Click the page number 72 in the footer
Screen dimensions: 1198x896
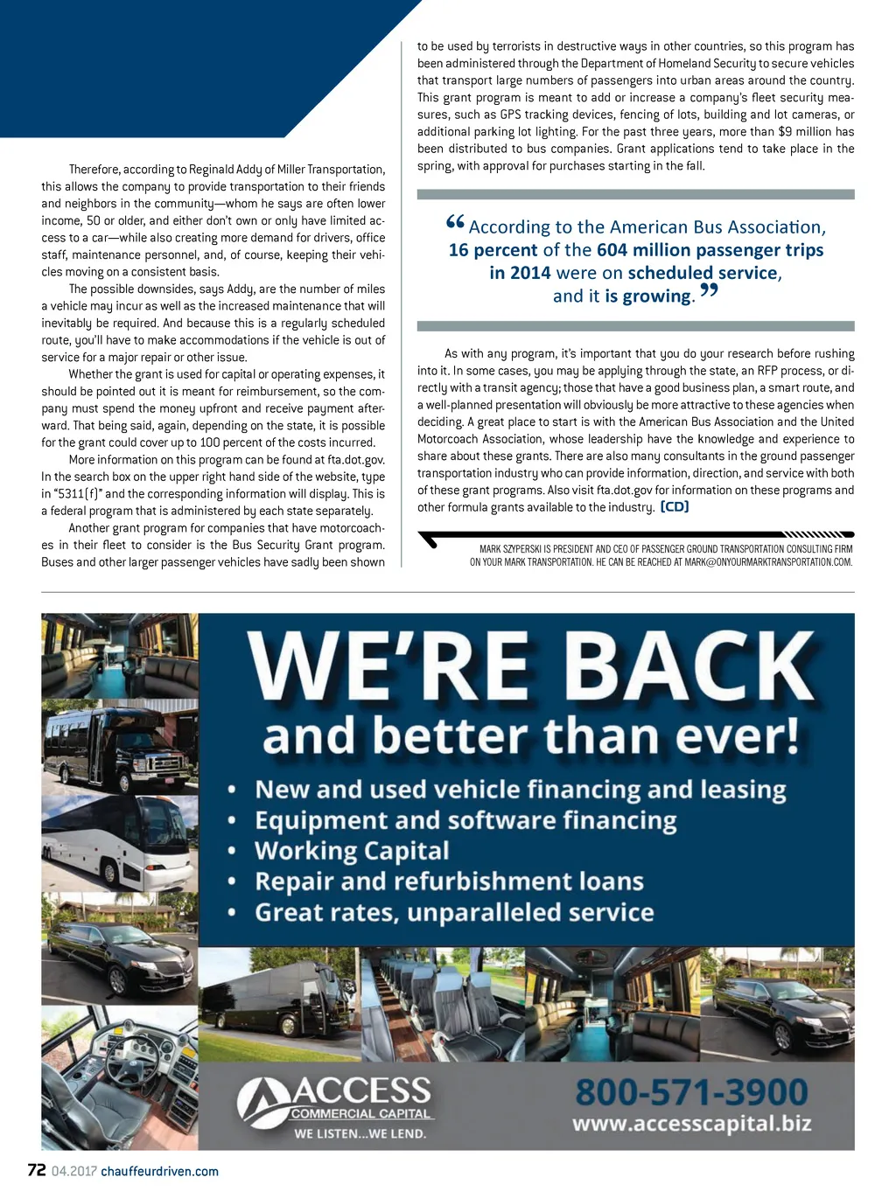click(36, 1170)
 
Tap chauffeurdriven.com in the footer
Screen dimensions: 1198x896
click(159, 1172)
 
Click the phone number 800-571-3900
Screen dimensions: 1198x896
click(691, 1092)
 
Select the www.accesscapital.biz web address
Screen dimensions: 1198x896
click(691, 1124)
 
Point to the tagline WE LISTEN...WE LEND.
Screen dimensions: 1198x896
click(360, 1134)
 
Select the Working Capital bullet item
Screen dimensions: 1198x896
click(352, 851)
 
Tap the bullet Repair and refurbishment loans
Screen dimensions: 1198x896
click(449, 881)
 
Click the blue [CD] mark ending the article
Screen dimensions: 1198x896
click(674, 507)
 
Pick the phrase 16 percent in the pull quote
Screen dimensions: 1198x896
click(493, 250)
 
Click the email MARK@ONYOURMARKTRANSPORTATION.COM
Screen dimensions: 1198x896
click(768, 562)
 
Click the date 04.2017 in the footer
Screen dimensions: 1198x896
click(73, 1172)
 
